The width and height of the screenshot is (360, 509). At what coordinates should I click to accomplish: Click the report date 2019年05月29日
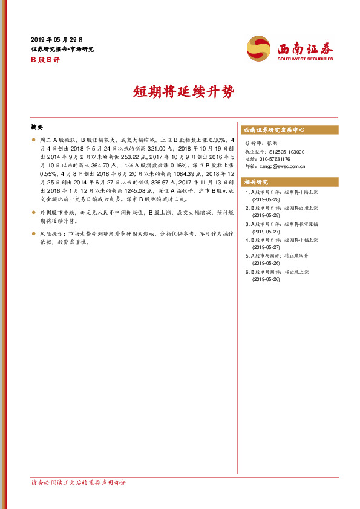point(56,39)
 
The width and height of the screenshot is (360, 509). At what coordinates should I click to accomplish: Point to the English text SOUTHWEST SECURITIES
point(305,59)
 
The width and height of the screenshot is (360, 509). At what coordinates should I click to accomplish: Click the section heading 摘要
point(37,128)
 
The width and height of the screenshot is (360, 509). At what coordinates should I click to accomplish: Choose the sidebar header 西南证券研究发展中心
point(273,130)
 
